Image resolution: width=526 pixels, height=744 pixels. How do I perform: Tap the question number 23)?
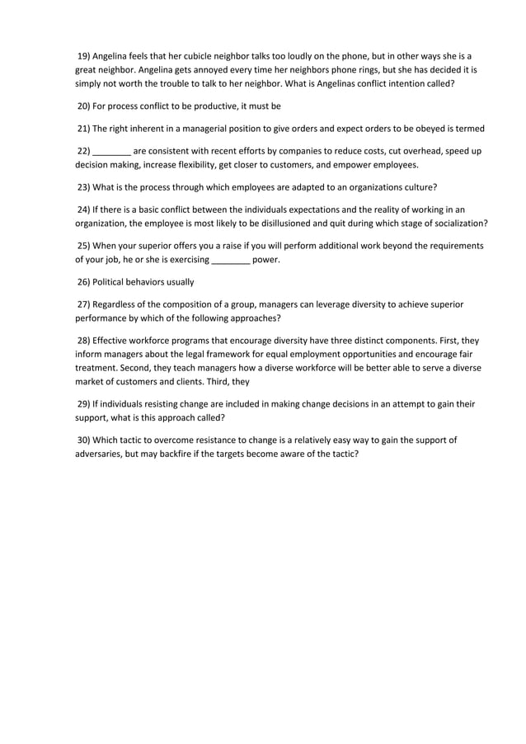tap(83, 186)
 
